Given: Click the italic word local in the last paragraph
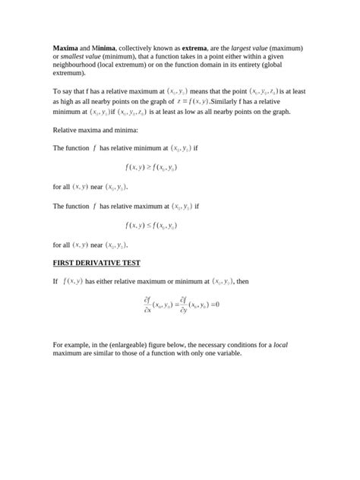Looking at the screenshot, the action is (x=280, y=346).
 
